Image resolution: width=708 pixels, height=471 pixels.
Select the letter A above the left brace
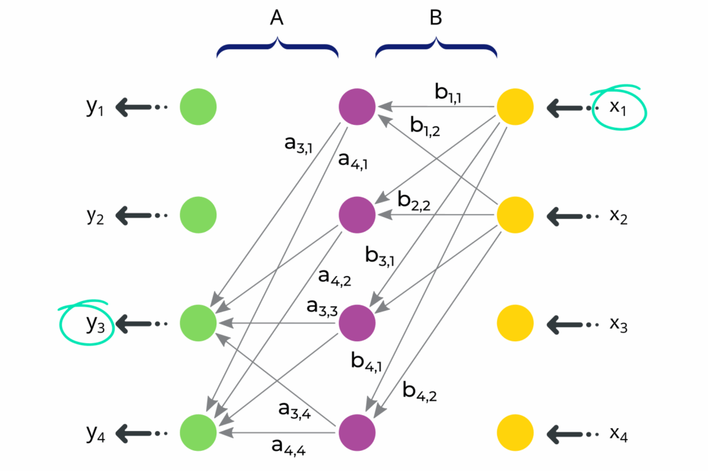click(x=277, y=19)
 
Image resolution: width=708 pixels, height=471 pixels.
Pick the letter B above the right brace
click(x=436, y=19)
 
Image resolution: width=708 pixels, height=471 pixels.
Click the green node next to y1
click(x=198, y=107)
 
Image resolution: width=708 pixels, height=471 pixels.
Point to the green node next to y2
click(x=198, y=215)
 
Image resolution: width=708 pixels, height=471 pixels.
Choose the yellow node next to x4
click(x=516, y=432)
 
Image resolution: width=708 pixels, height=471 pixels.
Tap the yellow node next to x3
click(x=516, y=323)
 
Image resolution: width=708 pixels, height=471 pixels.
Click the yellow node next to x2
click(x=516, y=215)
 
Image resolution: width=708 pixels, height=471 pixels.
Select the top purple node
click(x=357, y=107)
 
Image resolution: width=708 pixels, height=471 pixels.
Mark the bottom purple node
click(x=357, y=432)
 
